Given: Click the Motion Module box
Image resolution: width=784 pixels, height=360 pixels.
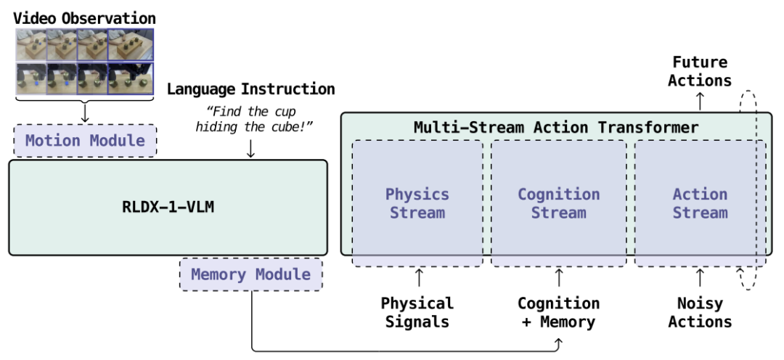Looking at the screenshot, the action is [x=85, y=141].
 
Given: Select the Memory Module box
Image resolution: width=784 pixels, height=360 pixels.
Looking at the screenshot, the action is [x=250, y=274].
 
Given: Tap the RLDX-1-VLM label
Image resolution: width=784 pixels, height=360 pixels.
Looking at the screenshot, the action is [x=168, y=207].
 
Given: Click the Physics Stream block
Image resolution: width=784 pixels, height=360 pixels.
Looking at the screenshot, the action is [x=417, y=203].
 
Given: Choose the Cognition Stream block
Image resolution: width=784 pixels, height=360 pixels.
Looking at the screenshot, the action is [x=558, y=203].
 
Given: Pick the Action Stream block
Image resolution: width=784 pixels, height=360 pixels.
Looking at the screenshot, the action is [x=700, y=203].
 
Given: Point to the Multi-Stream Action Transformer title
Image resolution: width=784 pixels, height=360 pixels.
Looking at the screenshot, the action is [x=556, y=127].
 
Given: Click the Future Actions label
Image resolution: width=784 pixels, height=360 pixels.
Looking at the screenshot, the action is [x=700, y=72].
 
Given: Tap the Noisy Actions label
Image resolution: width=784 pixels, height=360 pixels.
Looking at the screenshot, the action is [x=700, y=313].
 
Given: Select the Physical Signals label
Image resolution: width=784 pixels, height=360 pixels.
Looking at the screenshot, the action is [x=417, y=313].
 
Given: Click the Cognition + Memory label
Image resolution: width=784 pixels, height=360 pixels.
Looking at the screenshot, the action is [x=558, y=313].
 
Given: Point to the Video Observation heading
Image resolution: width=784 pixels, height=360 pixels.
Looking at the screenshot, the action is [x=84, y=18].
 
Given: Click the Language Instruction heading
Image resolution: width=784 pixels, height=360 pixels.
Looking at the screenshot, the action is [x=251, y=89].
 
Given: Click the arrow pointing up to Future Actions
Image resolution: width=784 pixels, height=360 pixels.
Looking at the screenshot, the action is [x=700, y=102].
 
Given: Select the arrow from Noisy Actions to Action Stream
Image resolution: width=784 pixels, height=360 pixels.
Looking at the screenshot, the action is [x=700, y=277].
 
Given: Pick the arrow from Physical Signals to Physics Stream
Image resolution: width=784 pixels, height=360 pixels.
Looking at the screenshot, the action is [x=419, y=277].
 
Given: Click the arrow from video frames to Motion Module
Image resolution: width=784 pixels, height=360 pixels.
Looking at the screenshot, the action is [x=85, y=113].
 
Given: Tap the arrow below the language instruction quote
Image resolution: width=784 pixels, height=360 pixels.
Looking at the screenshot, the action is [x=251, y=149].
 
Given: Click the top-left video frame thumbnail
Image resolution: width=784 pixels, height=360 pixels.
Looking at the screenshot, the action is [x=31, y=44].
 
